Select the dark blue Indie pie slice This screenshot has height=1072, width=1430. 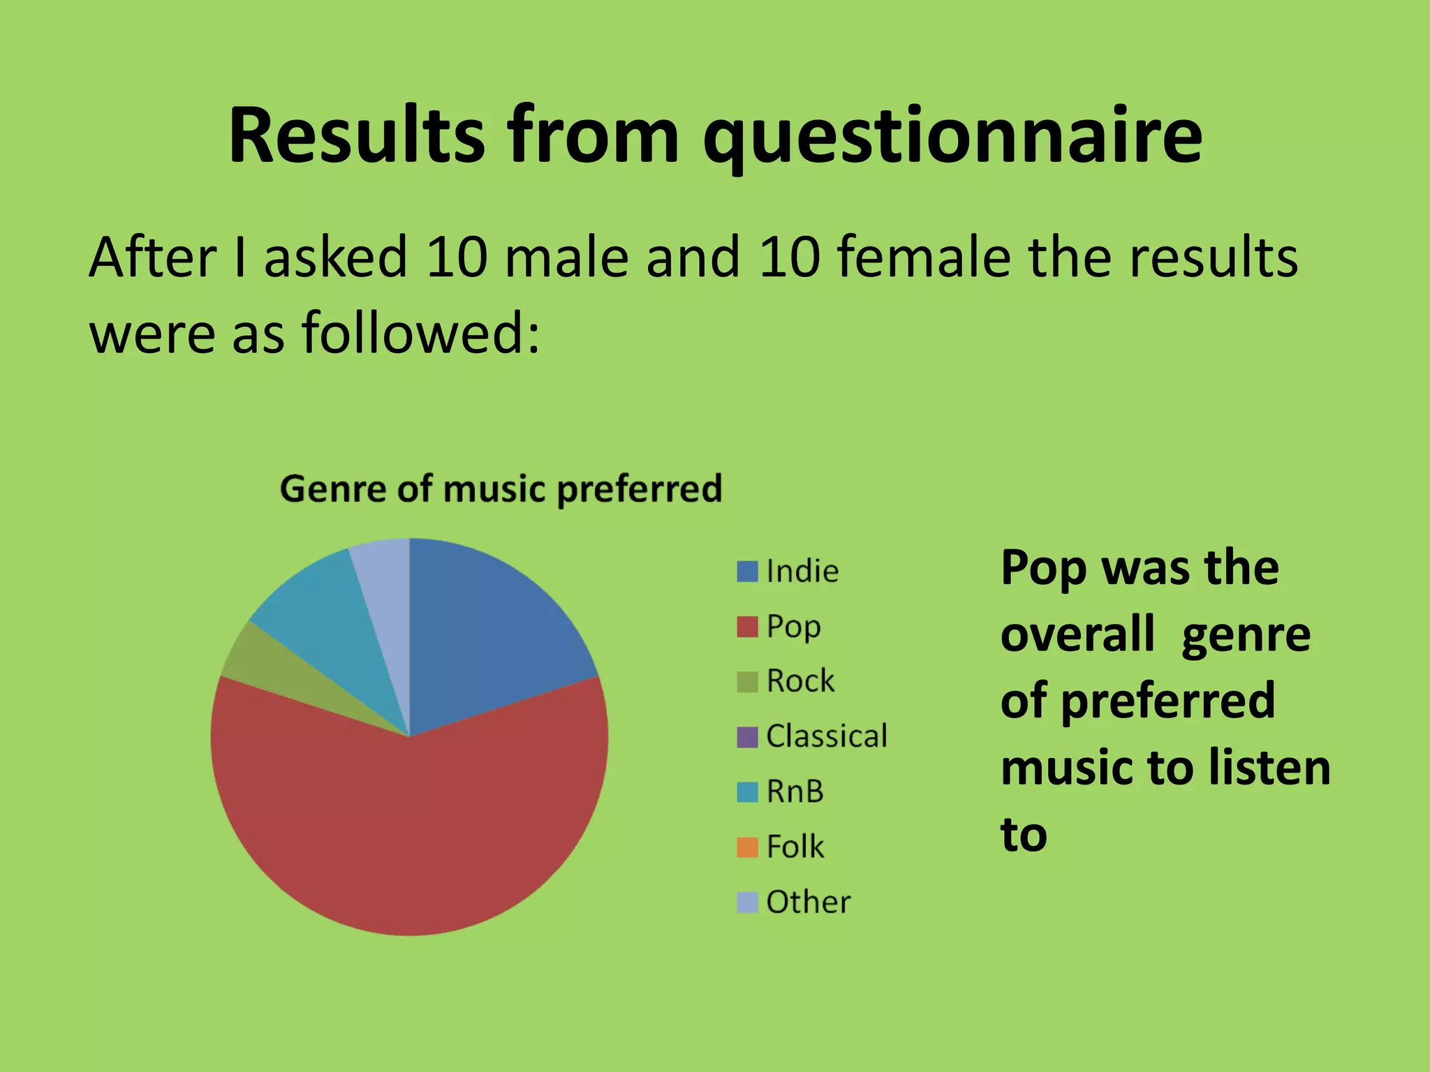[x=489, y=628]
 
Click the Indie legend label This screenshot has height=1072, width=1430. [x=802, y=572]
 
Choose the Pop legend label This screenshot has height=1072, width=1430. [x=793, y=627]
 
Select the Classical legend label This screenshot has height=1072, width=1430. [x=827, y=736]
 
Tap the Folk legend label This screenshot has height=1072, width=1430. [x=795, y=847]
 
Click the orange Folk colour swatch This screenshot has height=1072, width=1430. [x=747, y=847]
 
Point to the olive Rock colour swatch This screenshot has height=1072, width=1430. [x=747, y=682]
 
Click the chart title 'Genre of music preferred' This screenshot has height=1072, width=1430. [x=501, y=489]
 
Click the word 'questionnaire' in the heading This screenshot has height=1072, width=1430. [x=952, y=136]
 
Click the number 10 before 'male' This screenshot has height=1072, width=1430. [x=456, y=258]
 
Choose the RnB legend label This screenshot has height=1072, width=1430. [x=795, y=791]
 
